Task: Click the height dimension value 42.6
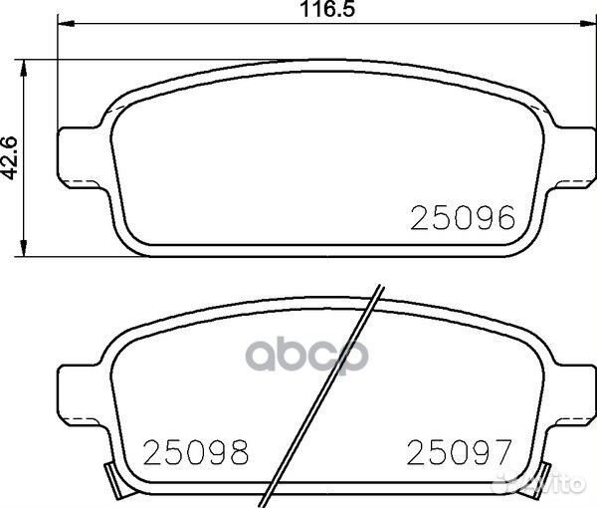pos(11,157)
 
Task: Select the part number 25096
pos(463,218)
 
